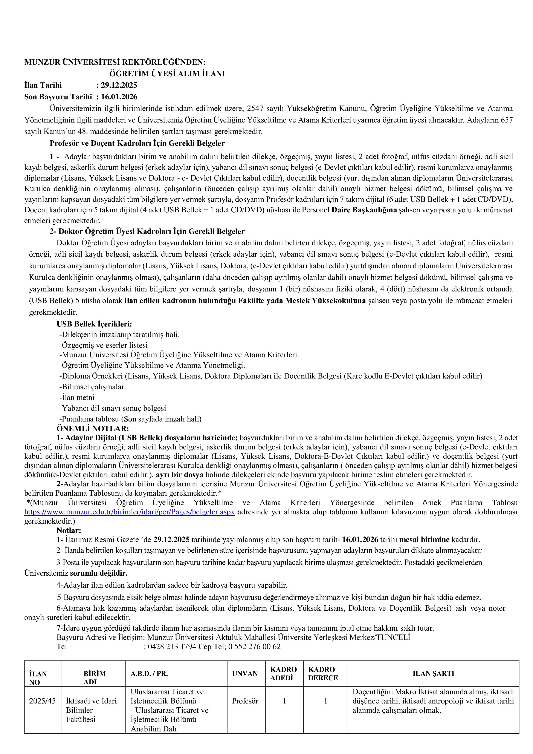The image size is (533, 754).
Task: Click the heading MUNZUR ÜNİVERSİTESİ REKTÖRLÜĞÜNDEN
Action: click(115, 62)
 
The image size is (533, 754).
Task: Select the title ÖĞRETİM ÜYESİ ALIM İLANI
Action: click(167, 74)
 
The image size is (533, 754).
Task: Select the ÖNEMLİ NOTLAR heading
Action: click(93, 429)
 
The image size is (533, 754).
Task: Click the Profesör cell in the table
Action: click(245, 701)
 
